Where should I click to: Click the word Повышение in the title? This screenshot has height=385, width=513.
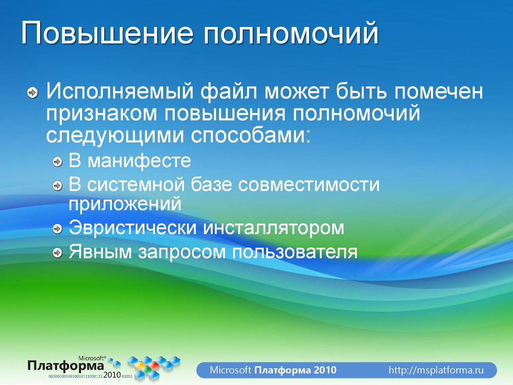[107, 32]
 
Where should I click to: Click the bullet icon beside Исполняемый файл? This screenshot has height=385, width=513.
[32, 93]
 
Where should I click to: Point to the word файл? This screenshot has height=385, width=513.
[229, 92]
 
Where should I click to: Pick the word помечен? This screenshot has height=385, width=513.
[439, 92]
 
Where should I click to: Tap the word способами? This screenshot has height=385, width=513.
[251, 136]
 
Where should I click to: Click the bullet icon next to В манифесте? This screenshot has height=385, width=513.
[57, 162]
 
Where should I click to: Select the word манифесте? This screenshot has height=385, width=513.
[139, 161]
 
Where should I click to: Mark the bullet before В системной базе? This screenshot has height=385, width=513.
[57, 186]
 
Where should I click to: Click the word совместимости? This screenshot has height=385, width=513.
[309, 185]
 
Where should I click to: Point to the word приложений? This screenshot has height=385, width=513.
[125, 204]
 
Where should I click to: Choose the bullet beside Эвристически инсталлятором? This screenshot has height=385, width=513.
[57, 229]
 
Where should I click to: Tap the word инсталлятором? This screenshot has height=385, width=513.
[273, 228]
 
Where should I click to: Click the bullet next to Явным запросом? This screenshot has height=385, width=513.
[57, 253]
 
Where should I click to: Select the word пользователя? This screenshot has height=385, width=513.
[294, 252]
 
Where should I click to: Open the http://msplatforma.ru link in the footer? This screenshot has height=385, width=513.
[436, 370]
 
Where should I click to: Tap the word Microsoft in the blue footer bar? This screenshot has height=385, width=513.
[231, 370]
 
